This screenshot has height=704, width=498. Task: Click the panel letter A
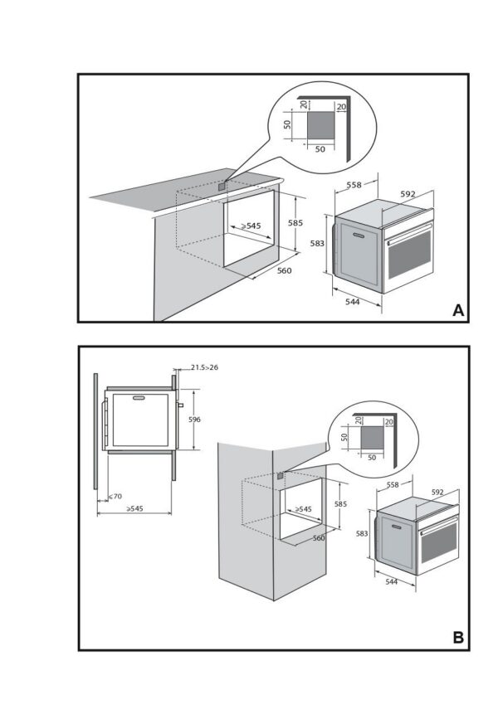coord(457,310)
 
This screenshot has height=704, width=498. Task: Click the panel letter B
coord(457,638)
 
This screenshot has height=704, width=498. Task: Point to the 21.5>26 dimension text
coord(204,367)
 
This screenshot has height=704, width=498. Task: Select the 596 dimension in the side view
coord(194,420)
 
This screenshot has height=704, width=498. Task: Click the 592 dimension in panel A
coord(408,194)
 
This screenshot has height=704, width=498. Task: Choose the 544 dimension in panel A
coord(352,302)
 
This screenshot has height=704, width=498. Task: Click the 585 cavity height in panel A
coord(295,222)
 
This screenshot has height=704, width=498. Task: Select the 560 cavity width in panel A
coord(283,270)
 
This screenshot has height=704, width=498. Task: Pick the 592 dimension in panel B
coord(437,493)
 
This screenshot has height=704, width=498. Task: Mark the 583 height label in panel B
coord(362,535)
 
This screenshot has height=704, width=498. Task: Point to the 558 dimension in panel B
coord(393,483)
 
